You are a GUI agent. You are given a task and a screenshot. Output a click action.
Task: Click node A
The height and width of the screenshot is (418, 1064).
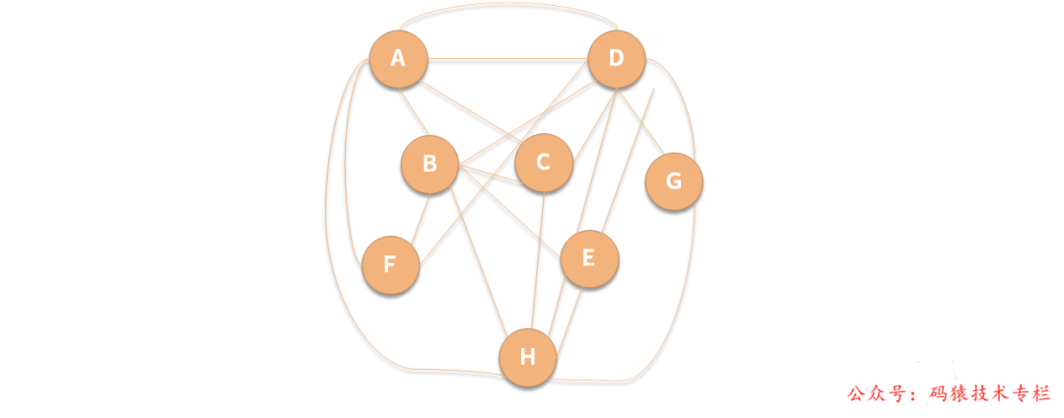398,59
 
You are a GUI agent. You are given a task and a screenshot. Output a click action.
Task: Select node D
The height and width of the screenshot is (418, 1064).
617,59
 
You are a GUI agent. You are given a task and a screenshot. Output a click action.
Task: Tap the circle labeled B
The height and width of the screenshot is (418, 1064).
430,164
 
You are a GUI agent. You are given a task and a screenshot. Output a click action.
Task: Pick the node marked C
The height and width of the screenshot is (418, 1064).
543,163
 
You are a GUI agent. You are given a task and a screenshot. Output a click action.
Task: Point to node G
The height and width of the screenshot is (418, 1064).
674,181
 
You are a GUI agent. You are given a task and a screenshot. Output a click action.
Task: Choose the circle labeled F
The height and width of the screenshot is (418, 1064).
390,265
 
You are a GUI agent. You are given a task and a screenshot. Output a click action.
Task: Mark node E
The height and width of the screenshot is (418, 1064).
589,258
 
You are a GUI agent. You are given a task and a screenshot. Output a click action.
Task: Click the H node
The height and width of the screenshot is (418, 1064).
528,357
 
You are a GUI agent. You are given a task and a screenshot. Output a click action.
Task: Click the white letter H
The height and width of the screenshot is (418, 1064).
528,357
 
